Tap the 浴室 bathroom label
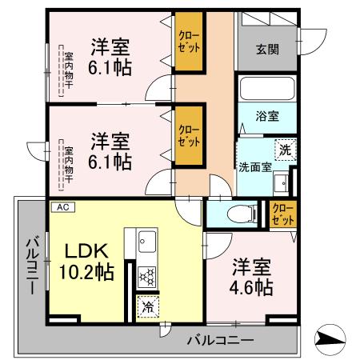point(267,115)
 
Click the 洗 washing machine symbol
point(286,149)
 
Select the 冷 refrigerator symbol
point(147,304)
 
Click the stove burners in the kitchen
point(147,276)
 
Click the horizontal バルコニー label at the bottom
point(220,340)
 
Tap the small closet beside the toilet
point(282,214)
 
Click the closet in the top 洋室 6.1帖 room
point(190,42)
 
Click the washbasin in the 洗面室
point(281,185)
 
